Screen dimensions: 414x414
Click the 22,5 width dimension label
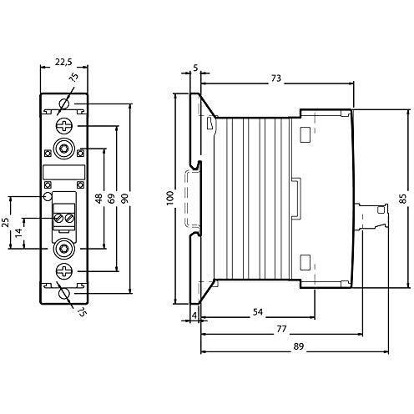click(x=63, y=62)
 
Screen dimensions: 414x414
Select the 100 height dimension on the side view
click(x=169, y=198)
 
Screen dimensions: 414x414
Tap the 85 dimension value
click(x=402, y=198)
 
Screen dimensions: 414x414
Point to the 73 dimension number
click(x=275, y=78)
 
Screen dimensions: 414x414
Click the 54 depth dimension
click(x=258, y=312)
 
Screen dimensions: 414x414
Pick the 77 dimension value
click(x=281, y=329)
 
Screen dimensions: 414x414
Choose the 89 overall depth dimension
click(x=298, y=346)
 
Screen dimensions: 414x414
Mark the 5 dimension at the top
click(x=195, y=68)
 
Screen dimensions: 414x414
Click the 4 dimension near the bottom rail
click(x=194, y=316)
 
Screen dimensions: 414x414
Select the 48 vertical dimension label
click(x=98, y=199)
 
